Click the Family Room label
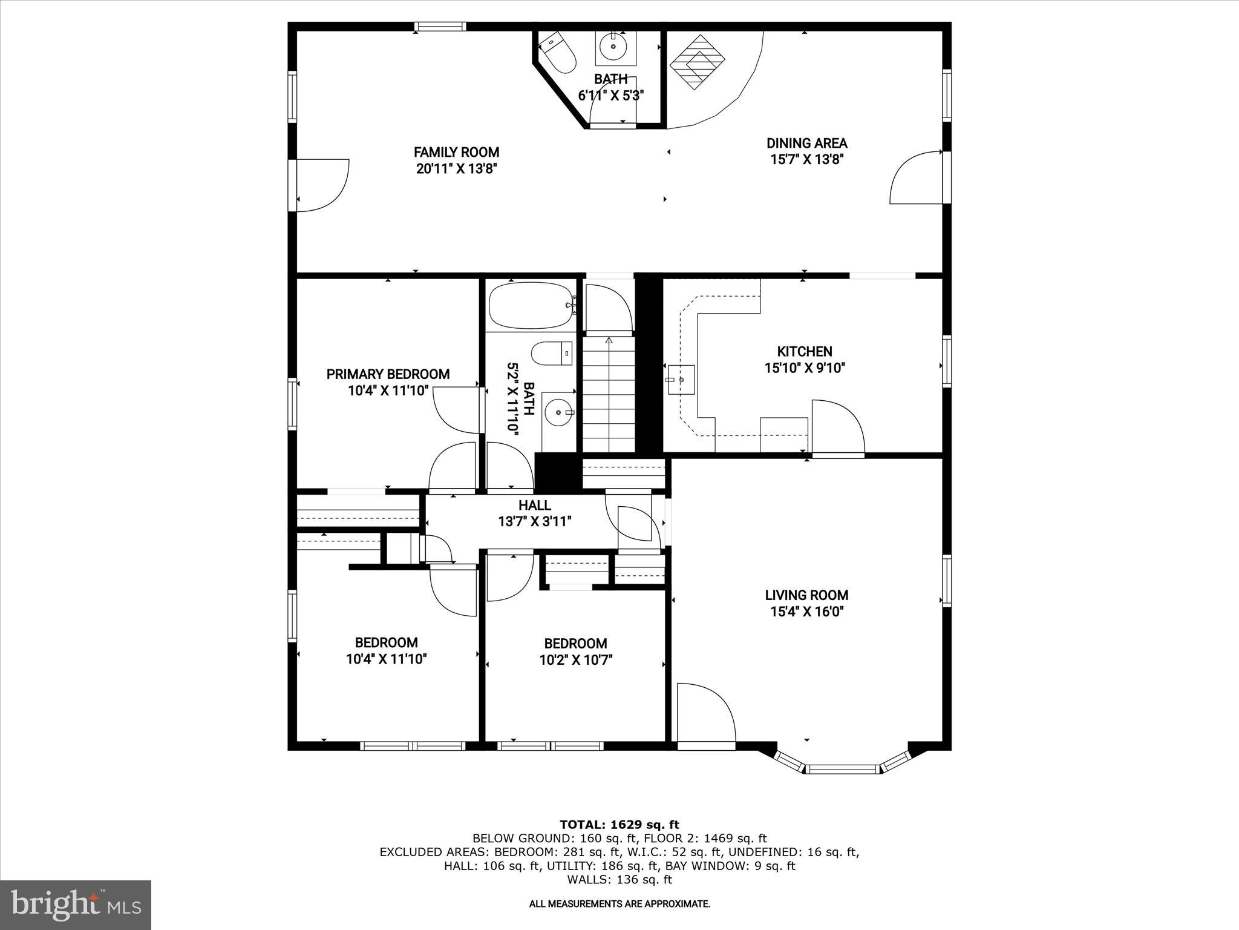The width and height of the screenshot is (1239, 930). [x=456, y=152]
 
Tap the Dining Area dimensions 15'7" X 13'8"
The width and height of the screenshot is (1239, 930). [x=806, y=160]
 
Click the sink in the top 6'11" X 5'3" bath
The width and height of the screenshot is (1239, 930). [x=615, y=45]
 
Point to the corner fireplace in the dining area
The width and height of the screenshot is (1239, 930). [x=697, y=62]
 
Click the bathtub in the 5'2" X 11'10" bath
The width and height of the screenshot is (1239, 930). [x=530, y=306]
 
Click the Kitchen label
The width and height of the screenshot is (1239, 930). [x=804, y=351]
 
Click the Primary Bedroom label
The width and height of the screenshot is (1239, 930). [x=388, y=374]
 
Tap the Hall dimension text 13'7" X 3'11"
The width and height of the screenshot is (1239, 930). [x=535, y=521]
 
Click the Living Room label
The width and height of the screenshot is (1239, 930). [x=806, y=595]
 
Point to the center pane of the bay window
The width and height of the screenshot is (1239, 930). [x=842, y=770]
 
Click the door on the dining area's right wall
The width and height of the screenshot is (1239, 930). [x=915, y=177]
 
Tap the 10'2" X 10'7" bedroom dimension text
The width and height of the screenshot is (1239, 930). [x=575, y=660]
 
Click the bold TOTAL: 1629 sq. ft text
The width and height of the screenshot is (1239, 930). [x=619, y=825]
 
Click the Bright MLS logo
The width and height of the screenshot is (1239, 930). [x=76, y=904]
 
